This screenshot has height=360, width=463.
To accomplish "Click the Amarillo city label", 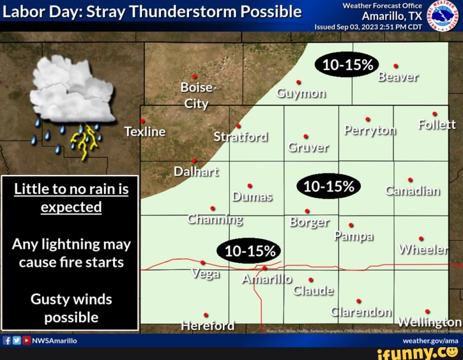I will pos(267,279).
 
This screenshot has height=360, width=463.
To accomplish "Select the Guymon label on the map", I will pos(301,93).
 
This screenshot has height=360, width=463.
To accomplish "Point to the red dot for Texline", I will pos(143,121).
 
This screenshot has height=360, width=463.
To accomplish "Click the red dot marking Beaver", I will pos(396,66).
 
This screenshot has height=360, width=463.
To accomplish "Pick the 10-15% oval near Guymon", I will pos(347,64).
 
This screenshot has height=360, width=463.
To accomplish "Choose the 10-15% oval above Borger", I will pos(329,186).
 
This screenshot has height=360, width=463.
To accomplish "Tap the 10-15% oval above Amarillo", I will pos(250,251).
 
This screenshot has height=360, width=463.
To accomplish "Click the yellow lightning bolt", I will pos(86,140).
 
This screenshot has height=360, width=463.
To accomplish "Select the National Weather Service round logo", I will pos(443,15).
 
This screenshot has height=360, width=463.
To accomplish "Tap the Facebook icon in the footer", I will pos(6,341).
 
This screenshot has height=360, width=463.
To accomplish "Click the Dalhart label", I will pos(196,171).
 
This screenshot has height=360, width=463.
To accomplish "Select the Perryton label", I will pos(370,130).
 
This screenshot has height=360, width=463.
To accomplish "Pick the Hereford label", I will pos(208,326).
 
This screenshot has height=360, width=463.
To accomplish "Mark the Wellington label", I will pos(429,322).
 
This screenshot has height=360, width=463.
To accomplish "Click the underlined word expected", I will pos(71,207).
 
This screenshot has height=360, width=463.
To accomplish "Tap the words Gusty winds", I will pos(71,299).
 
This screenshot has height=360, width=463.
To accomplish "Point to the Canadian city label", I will pos(413,191).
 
